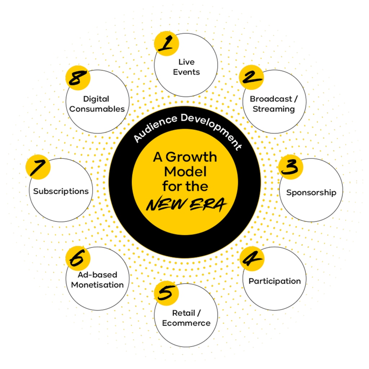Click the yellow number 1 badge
166,44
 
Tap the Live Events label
186,67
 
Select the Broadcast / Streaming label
274,104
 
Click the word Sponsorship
311,192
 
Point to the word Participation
275,281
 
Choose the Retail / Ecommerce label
186,318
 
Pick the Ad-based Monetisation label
97,280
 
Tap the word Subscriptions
61,191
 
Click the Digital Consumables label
97,104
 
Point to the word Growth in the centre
196,157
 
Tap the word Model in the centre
185,172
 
